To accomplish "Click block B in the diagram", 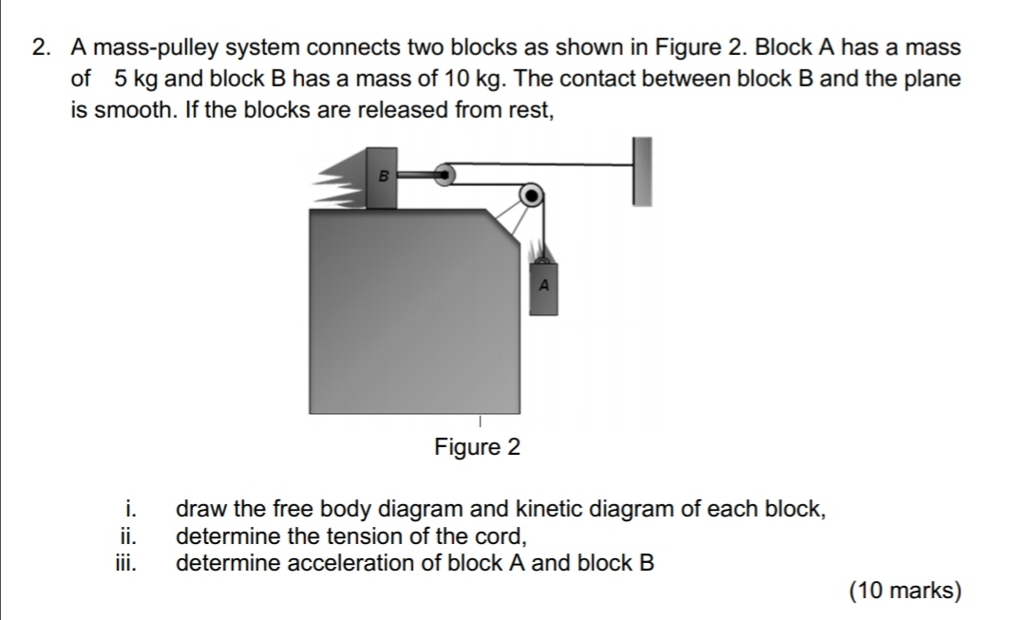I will (x=382, y=178).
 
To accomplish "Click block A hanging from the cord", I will (x=543, y=287).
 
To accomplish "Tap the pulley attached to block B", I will (x=444, y=175).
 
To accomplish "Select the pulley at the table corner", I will (x=532, y=196).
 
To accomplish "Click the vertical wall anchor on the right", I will (x=643, y=171).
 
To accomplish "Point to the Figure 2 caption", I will (x=477, y=447).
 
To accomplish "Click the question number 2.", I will (x=39, y=47).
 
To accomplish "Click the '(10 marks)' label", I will (x=905, y=591).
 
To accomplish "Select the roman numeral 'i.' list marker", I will (x=134, y=508).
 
